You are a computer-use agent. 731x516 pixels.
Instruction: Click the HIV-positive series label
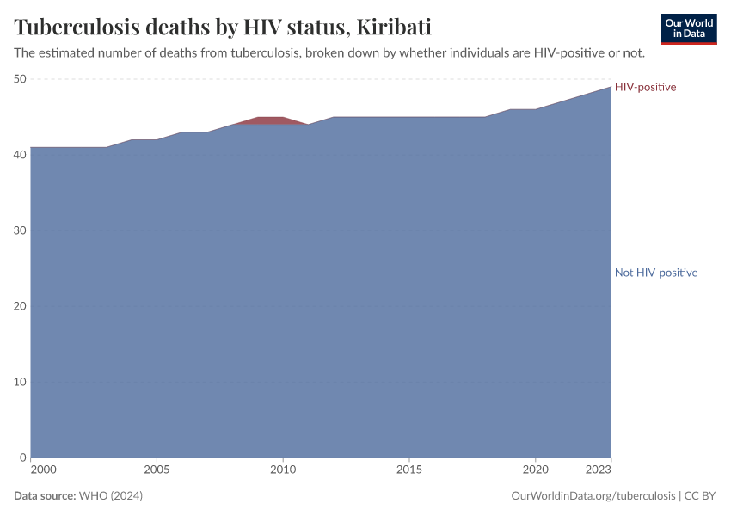(x=645, y=87)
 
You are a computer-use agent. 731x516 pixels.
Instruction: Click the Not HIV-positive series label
(x=655, y=273)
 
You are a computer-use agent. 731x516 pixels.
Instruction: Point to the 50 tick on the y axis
(x=21, y=79)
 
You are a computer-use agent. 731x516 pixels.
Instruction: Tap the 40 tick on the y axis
(x=21, y=155)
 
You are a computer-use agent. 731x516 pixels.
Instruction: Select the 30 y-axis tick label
(x=21, y=230)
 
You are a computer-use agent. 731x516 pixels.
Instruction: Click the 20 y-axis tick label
(x=21, y=306)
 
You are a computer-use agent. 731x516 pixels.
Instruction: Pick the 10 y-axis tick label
(x=21, y=382)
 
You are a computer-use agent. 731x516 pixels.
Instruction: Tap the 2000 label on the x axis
(x=43, y=470)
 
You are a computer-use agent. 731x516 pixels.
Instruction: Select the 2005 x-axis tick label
(x=157, y=470)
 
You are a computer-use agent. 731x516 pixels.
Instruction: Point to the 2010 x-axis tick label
(x=283, y=470)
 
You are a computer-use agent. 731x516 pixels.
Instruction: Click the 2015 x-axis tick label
(x=409, y=470)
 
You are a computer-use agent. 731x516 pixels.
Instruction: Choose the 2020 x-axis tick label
(x=535, y=470)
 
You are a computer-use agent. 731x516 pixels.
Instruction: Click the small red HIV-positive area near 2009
(x=270, y=120)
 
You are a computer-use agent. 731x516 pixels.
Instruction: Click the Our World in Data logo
(x=688, y=28)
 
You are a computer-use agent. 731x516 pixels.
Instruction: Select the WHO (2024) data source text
(x=110, y=496)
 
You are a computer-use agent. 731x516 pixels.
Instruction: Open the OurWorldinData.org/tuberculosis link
(x=592, y=496)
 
